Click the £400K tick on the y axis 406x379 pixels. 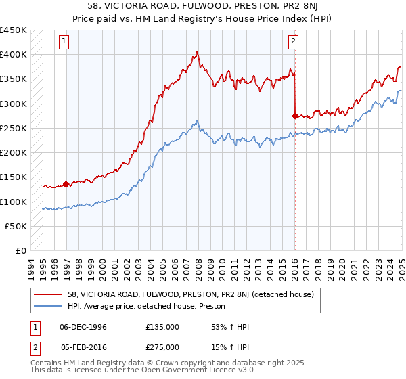pos(14,55)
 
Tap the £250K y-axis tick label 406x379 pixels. pos(14,128)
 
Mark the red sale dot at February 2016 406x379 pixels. pos(295,116)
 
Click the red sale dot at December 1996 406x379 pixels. pos(66,184)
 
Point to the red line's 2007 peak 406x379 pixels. pos(196,52)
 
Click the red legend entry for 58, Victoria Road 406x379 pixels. pos(190,295)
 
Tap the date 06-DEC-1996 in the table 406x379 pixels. pos(83,327)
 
